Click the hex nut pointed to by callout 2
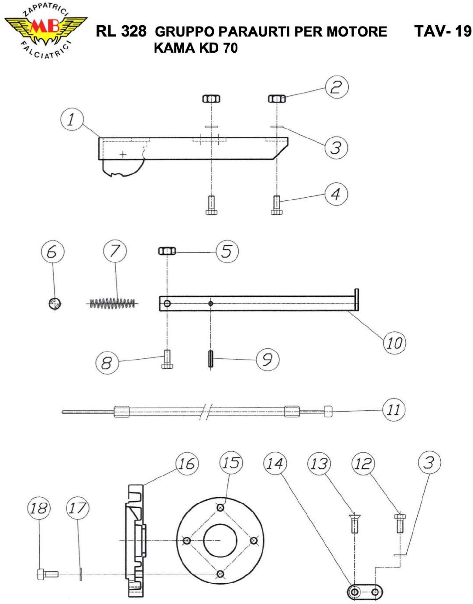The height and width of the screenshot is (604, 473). [277, 98]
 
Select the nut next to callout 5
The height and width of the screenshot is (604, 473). [167, 251]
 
